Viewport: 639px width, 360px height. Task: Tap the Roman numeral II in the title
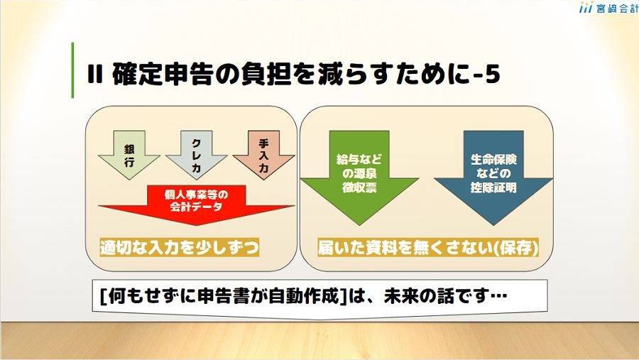tap(94, 75)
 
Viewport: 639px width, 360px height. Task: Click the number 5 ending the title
tap(492, 75)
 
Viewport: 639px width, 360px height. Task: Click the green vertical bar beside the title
tap(72, 70)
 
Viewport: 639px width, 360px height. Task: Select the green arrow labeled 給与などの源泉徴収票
tap(359, 178)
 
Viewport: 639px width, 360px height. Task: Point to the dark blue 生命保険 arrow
tap(493, 178)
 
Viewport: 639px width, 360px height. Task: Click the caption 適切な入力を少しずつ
tap(180, 248)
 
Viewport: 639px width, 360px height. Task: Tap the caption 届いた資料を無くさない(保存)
tap(428, 248)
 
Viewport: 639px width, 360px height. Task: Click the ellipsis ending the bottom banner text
tap(498, 295)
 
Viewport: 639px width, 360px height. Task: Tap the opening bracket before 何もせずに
tap(104, 296)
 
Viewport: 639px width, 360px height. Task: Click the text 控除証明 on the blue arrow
tap(493, 187)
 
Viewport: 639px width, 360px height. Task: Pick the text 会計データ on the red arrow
tap(196, 207)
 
